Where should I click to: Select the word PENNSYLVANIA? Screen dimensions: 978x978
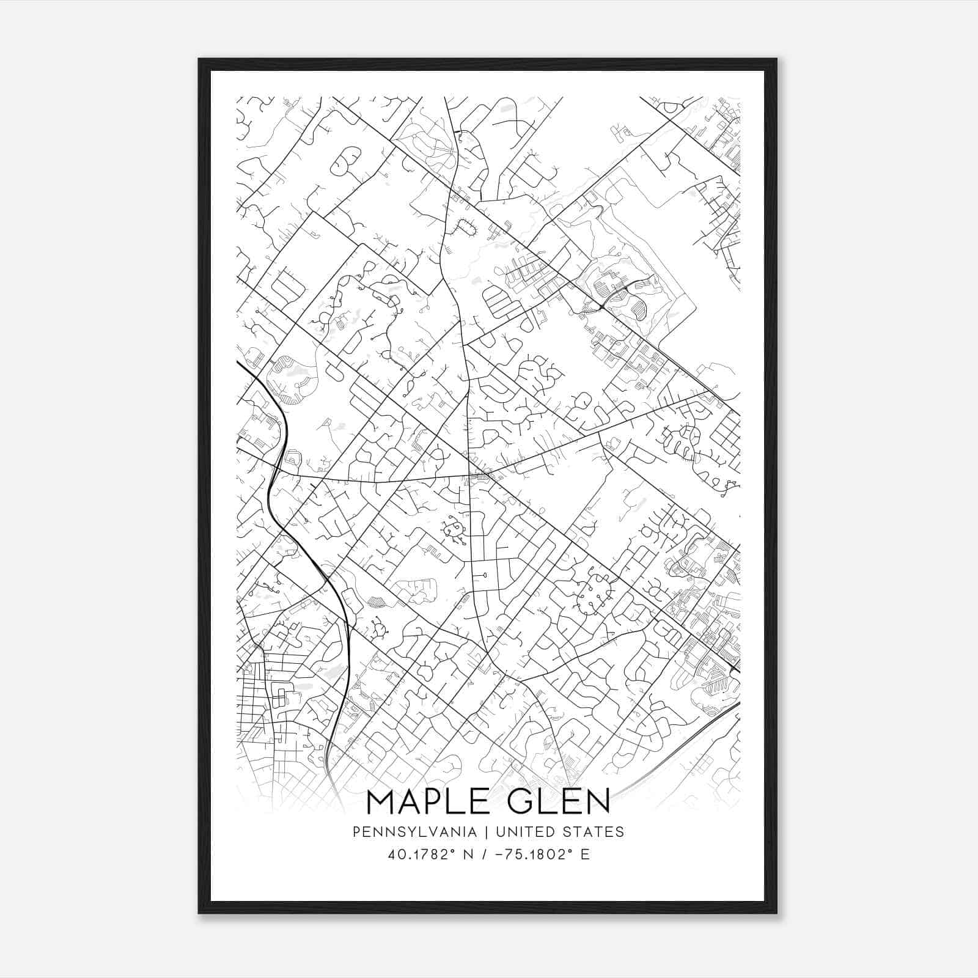415,831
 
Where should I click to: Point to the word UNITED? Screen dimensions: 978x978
525,831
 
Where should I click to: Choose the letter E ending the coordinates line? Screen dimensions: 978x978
586,854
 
